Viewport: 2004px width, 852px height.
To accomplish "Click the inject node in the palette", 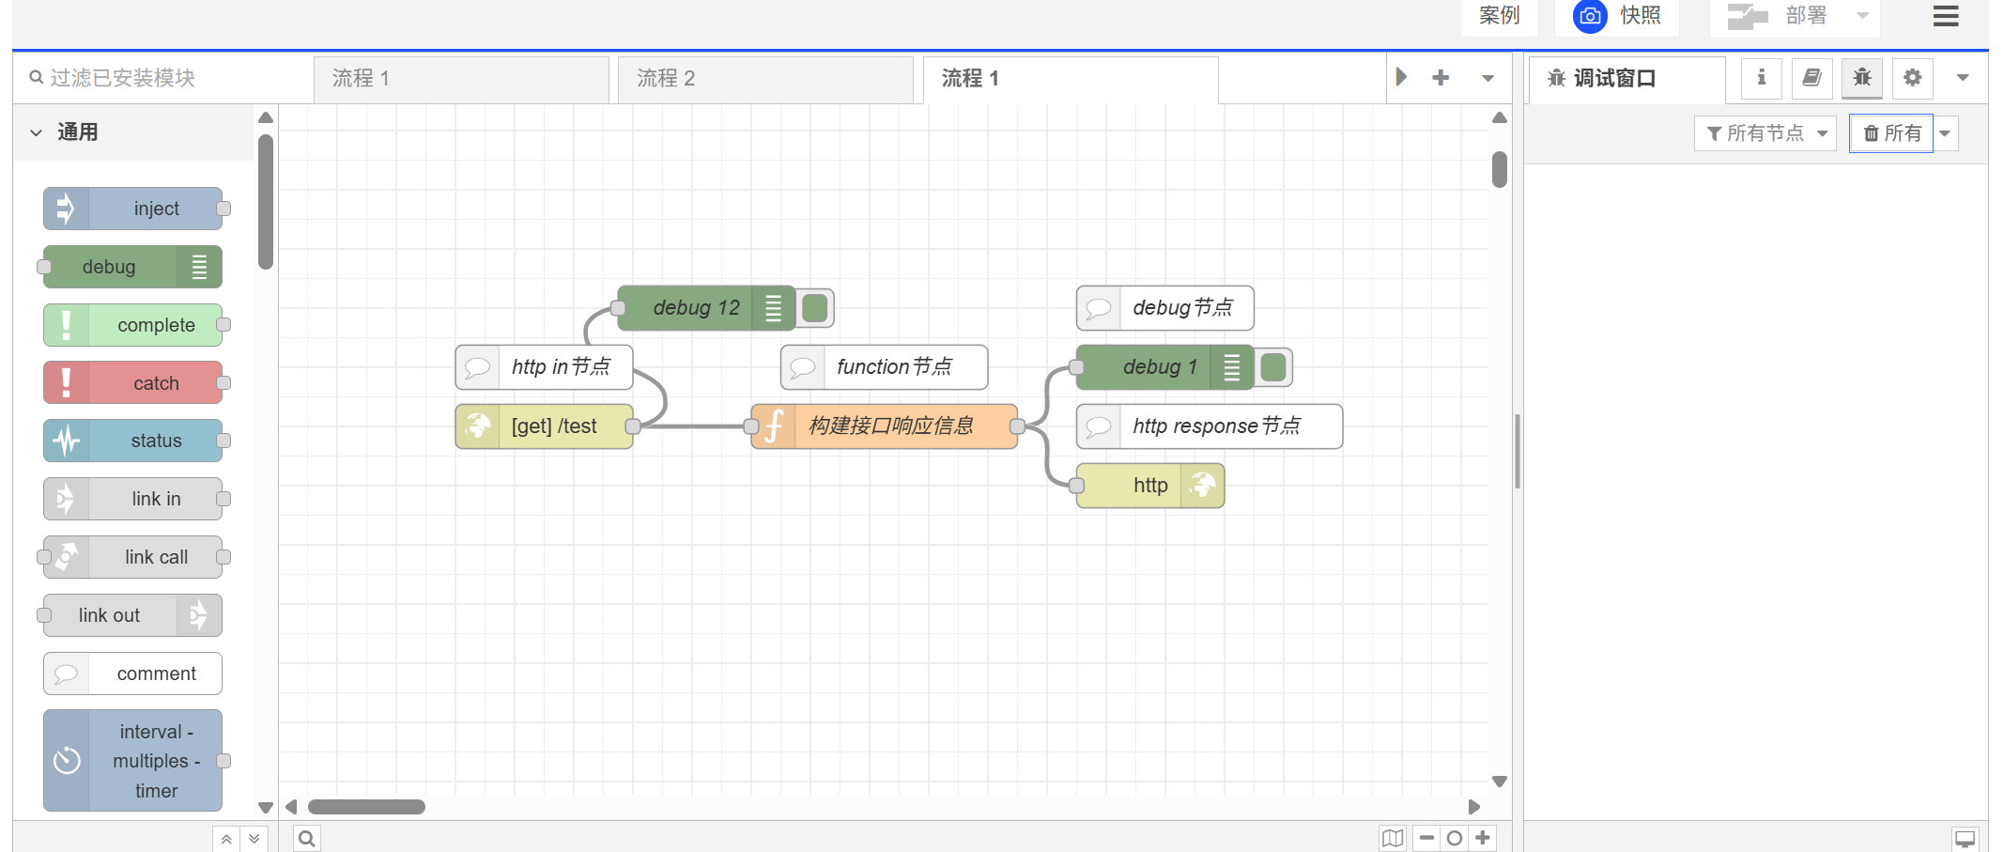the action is (132, 209).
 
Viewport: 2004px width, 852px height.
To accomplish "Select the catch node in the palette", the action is (132, 382).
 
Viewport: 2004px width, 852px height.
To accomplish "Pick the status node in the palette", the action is (132, 441).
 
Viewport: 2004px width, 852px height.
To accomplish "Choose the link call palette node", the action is (132, 557).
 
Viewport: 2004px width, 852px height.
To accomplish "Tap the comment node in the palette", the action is (132, 674).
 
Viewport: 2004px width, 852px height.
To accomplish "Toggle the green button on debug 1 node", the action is (1273, 367).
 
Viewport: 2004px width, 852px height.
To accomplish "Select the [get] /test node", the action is (544, 426).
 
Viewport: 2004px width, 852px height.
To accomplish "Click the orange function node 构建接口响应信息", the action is (884, 426).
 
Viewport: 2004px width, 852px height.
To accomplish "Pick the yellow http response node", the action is (1150, 486).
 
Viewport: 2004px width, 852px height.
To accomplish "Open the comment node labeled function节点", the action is (884, 367).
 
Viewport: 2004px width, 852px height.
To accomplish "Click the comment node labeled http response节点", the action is (1210, 426).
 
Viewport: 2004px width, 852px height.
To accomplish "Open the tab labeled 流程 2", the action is (765, 79).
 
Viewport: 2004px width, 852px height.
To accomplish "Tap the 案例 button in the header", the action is (1499, 16).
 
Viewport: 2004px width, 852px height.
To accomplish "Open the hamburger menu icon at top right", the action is (1946, 16).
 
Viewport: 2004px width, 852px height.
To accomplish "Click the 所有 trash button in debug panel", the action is (1891, 133).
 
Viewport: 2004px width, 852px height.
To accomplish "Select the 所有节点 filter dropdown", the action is (1765, 133).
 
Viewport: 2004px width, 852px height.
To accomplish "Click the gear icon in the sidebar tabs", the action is (1912, 78).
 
